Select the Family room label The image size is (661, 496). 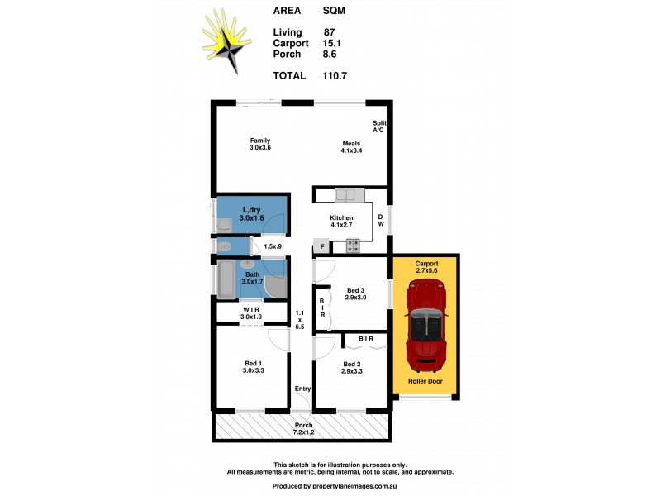[x=260, y=144]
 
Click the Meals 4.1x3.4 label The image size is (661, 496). [x=351, y=147]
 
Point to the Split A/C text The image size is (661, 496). [x=378, y=126]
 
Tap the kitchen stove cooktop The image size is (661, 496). [x=353, y=246]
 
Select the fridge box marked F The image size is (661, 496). [x=321, y=246]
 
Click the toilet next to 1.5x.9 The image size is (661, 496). [x=225, y=246]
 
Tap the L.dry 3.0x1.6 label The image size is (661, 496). [x=250, y=214]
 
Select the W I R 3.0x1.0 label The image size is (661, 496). [x=251, y=313]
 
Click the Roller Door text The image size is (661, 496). [x=426, y=382]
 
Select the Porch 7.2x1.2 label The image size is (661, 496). [x=302, y=429]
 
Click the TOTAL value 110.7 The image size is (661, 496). [x=335, y=75]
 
